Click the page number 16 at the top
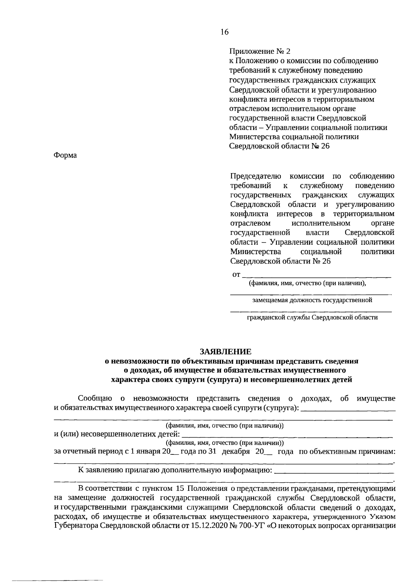(224, 32)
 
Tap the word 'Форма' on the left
(65, 155)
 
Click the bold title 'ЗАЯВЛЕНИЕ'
(225, 351)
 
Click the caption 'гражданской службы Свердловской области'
(312, 318)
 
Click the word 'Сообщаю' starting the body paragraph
(95, 399)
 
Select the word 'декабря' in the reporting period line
(236, 452)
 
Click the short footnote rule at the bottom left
(52, 580)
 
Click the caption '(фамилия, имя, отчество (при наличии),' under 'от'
(307, 283)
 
